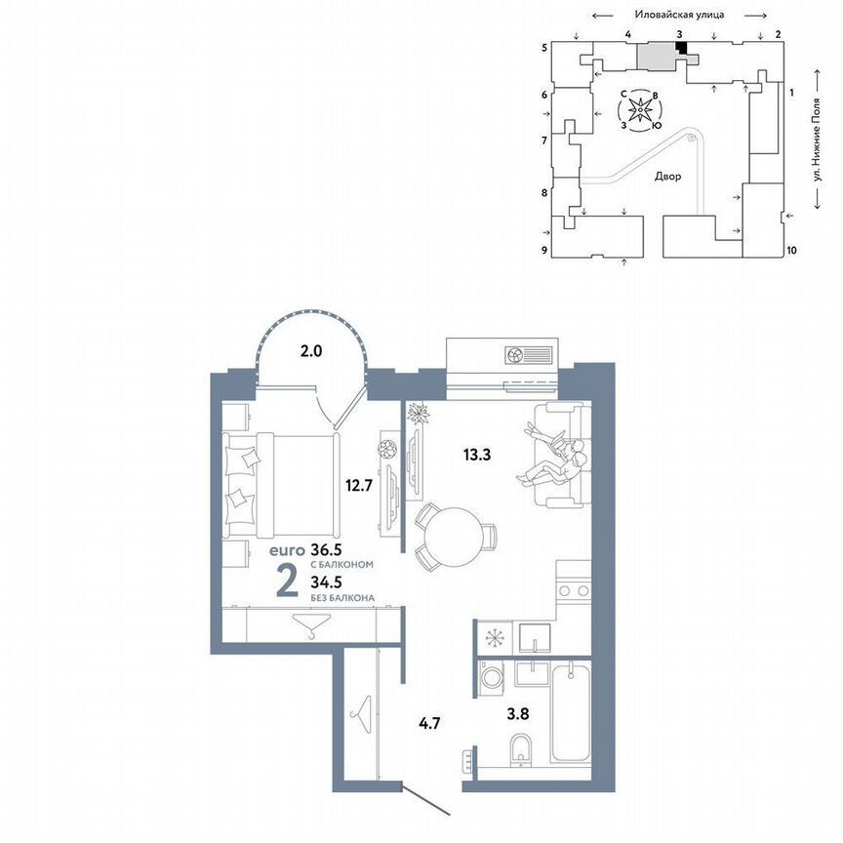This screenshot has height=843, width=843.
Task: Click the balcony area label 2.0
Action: point(311,351)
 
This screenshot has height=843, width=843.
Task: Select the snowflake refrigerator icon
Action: point(493,637)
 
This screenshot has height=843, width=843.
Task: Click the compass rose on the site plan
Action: point(639,110)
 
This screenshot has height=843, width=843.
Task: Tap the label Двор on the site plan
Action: point(668,177)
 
